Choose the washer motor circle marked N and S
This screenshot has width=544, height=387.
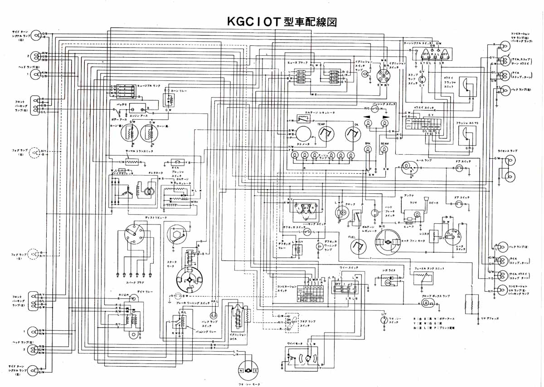point(248,371)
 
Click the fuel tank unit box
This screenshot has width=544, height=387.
point(422,278)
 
